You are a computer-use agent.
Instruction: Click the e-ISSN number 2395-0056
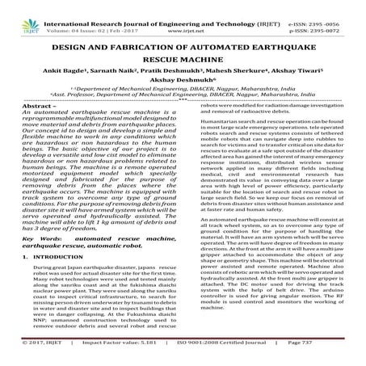pos(329,8)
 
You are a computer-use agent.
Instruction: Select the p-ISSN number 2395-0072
pos(329,17)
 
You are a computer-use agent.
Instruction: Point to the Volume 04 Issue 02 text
pos(70,17)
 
